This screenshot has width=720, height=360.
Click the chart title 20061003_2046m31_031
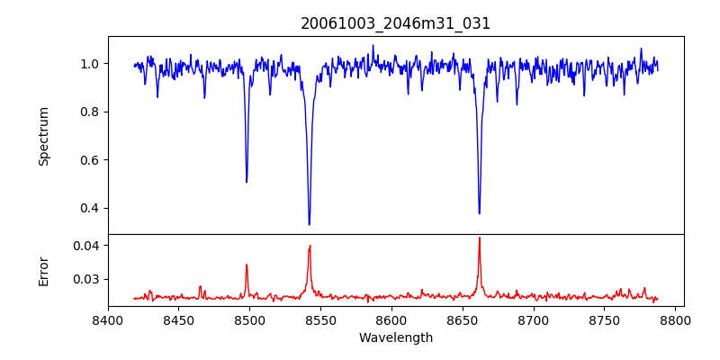click(396, 23)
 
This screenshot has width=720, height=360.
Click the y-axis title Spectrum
click(43, 136)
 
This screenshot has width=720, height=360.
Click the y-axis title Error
click(43, 271)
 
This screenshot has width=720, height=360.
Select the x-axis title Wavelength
click(396, 338)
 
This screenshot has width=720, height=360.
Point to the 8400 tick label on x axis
click(108, 320)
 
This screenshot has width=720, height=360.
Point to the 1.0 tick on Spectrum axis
click(91, 64)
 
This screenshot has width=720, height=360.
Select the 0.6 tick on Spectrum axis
click(91, 160)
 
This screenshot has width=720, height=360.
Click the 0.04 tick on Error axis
click(88, 245)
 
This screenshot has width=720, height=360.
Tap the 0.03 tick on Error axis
click(88, 279)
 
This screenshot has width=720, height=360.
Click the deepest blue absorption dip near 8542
click(310, 224)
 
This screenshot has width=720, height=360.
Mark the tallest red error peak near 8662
click(480, 238)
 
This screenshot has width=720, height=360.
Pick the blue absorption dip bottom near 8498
click(247, 182)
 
